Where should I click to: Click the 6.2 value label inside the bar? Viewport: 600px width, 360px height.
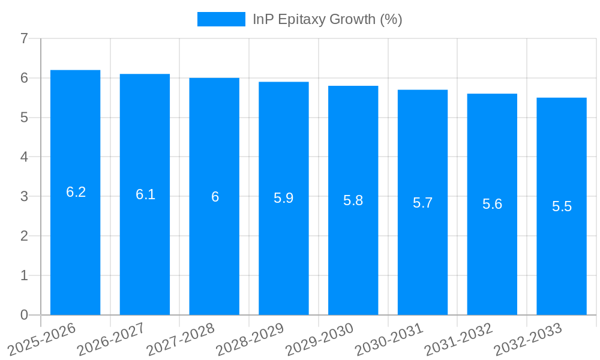tap(76, 192)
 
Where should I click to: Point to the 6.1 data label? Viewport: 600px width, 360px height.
tap(145, 194)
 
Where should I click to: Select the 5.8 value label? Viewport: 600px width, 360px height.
tap(353, 200)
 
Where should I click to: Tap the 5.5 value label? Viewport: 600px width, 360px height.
tap(562, 206)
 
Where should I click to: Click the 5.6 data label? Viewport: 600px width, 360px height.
tap(492, 204)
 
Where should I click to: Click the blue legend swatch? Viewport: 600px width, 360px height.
tap(221, 19)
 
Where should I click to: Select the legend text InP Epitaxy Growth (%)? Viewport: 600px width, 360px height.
tap(328, 19)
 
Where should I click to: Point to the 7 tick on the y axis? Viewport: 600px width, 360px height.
tap(24, 38)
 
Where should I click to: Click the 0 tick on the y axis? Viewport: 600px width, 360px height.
tap(24, 315)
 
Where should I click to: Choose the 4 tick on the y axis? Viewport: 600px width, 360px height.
tap(24, 157)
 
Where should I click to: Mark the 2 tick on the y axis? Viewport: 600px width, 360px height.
tap(24, 236)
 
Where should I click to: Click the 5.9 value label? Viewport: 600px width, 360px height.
tap(284, 198)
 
